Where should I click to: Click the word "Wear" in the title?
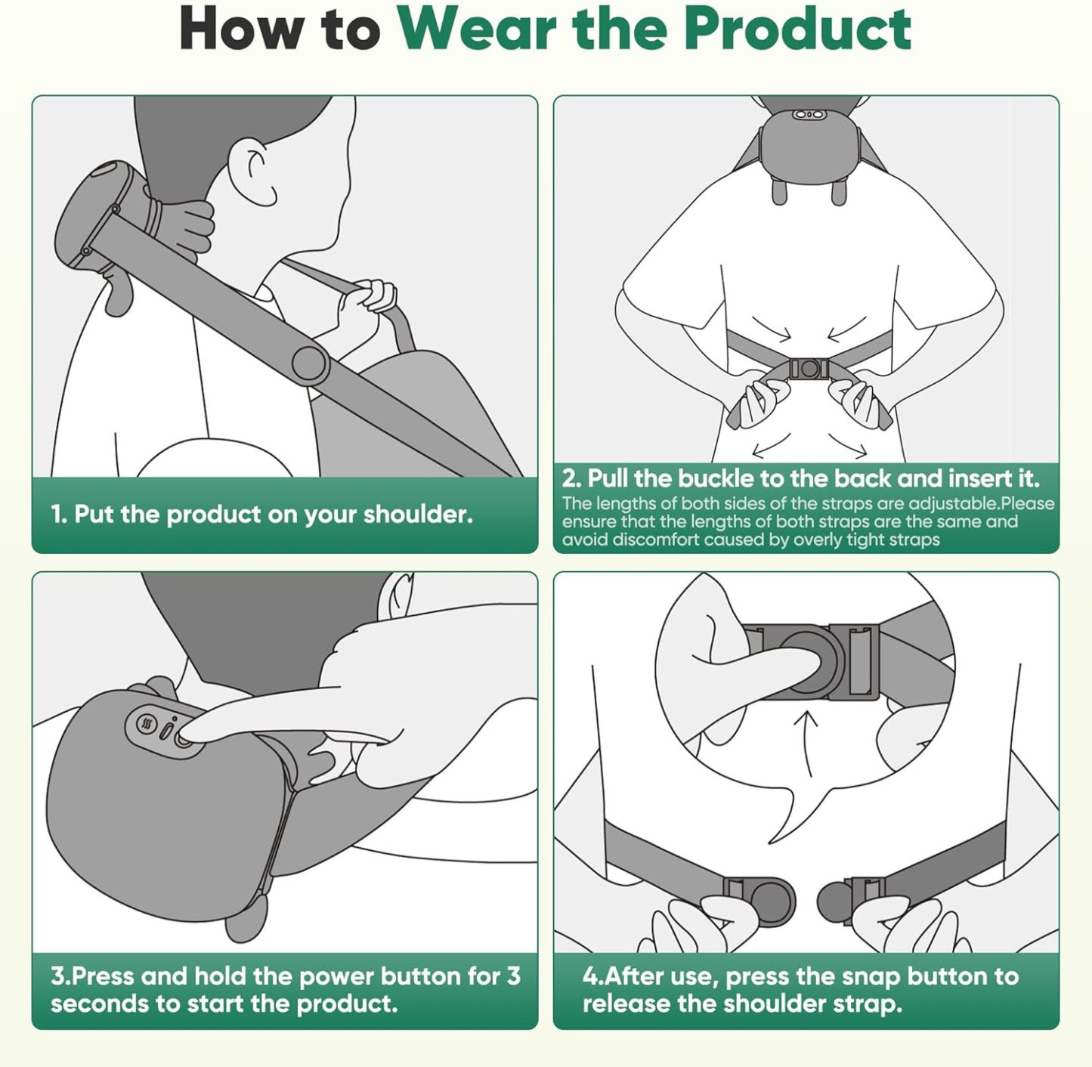pos(478,29)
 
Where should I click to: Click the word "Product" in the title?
pos(797,29)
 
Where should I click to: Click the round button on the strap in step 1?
pos(310,363)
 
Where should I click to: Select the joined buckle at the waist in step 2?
pos(809,369)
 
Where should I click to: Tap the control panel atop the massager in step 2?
pos(808,115)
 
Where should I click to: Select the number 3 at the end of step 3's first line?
pos(513,976)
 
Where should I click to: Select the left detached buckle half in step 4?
pos(759,900)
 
